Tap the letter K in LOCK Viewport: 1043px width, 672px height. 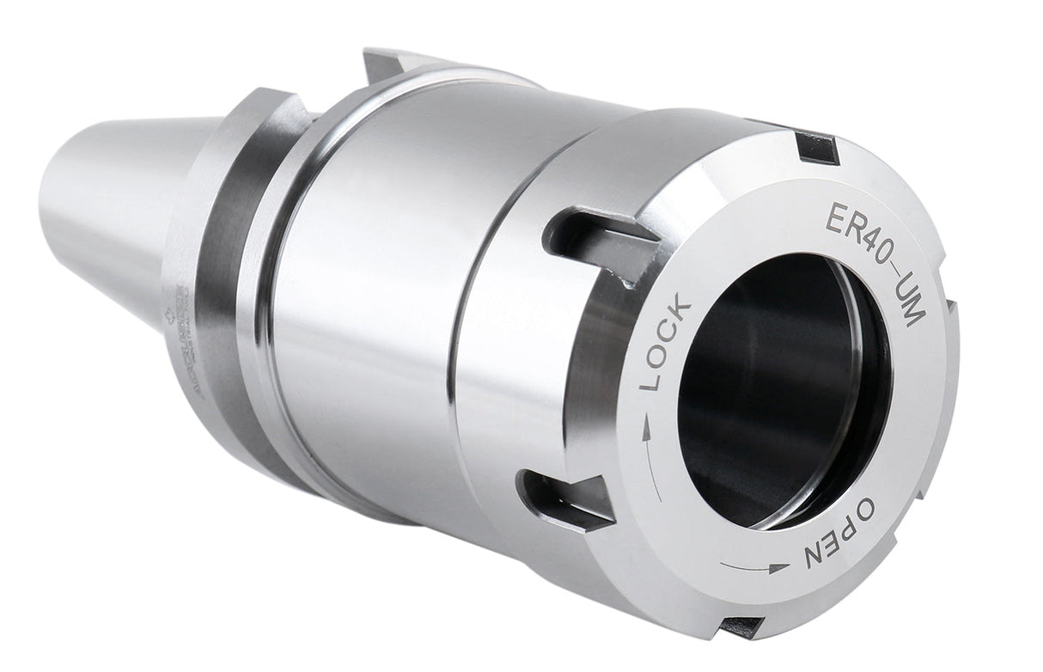[x=679, y=307]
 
